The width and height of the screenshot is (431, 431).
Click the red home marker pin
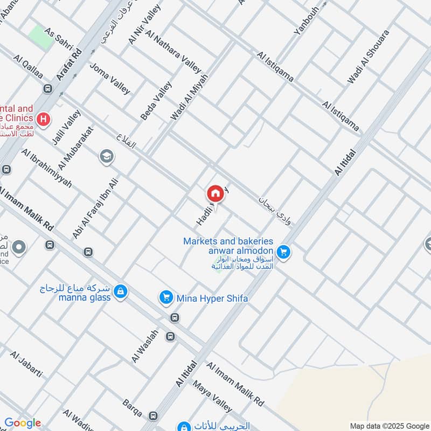tap(215, 193)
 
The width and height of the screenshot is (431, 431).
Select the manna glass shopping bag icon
tap(122, 291)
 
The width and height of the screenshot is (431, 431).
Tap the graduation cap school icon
tap(107, 157)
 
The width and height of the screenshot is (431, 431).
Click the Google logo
tap(22, 423)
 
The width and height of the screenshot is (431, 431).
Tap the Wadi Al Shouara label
tap(368, 57)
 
